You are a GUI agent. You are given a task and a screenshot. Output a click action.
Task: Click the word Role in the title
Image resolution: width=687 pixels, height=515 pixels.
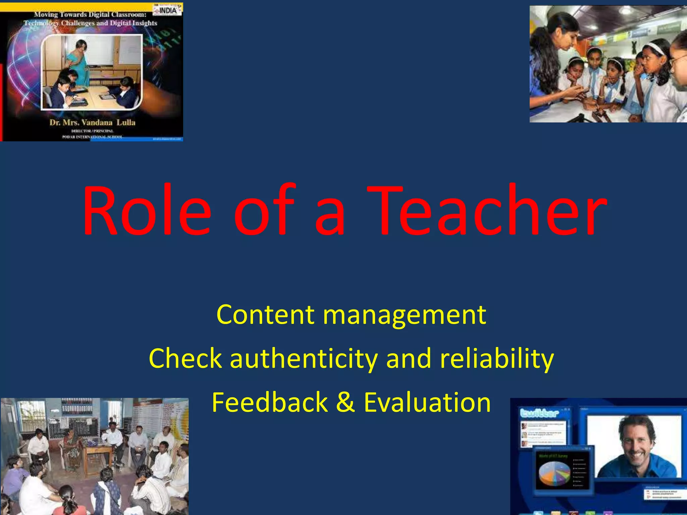point(147,211)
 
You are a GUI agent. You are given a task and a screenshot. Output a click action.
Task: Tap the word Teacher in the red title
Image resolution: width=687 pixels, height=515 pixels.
point(486,211)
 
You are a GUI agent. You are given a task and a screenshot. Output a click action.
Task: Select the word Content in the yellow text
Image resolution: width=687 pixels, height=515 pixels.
point(265,315)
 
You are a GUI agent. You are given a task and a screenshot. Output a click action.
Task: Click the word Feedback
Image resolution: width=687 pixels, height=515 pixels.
point(270,402)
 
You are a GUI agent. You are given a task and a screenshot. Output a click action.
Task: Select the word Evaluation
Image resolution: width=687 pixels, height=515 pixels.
point(427,402)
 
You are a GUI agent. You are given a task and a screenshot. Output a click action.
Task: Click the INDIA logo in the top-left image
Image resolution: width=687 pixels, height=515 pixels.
point(168,10)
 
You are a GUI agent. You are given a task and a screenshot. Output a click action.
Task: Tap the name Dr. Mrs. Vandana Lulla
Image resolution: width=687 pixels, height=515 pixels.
point(92,122)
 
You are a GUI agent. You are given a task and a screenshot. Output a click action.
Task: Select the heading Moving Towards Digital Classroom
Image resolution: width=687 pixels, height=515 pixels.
point(90,14)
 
